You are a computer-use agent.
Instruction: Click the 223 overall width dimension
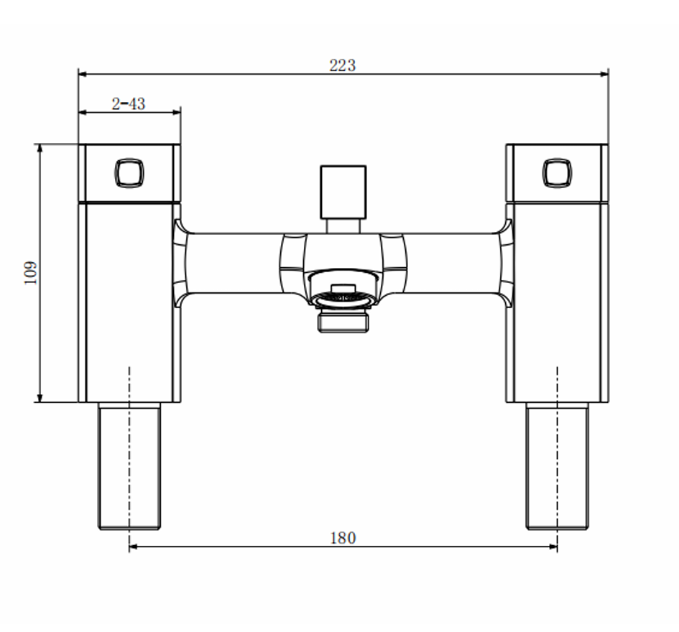coord(343,66)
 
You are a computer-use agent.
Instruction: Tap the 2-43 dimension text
coord(128,104)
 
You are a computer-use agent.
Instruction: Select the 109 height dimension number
coord(30,273)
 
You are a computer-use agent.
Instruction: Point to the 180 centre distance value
coord(343,538)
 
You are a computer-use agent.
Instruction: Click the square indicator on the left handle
coord(129,173)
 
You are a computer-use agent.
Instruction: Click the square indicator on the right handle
coord(558,173)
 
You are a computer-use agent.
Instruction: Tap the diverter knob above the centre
coord(343,192)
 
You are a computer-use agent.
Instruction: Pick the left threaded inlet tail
coord(129,466)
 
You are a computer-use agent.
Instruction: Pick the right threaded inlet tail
coord(558,466)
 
